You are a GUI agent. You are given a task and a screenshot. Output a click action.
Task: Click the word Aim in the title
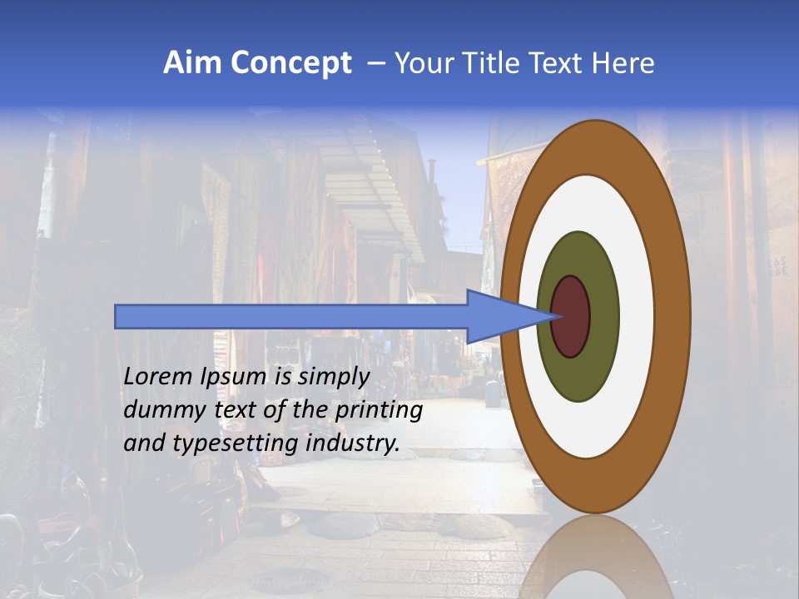pos(193,63)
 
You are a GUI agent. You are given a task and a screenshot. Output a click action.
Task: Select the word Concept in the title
pos(291,63)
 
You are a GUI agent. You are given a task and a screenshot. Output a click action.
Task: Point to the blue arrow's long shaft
pos(291,317)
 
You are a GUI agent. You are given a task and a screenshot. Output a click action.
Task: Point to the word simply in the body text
pos(333,377)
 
